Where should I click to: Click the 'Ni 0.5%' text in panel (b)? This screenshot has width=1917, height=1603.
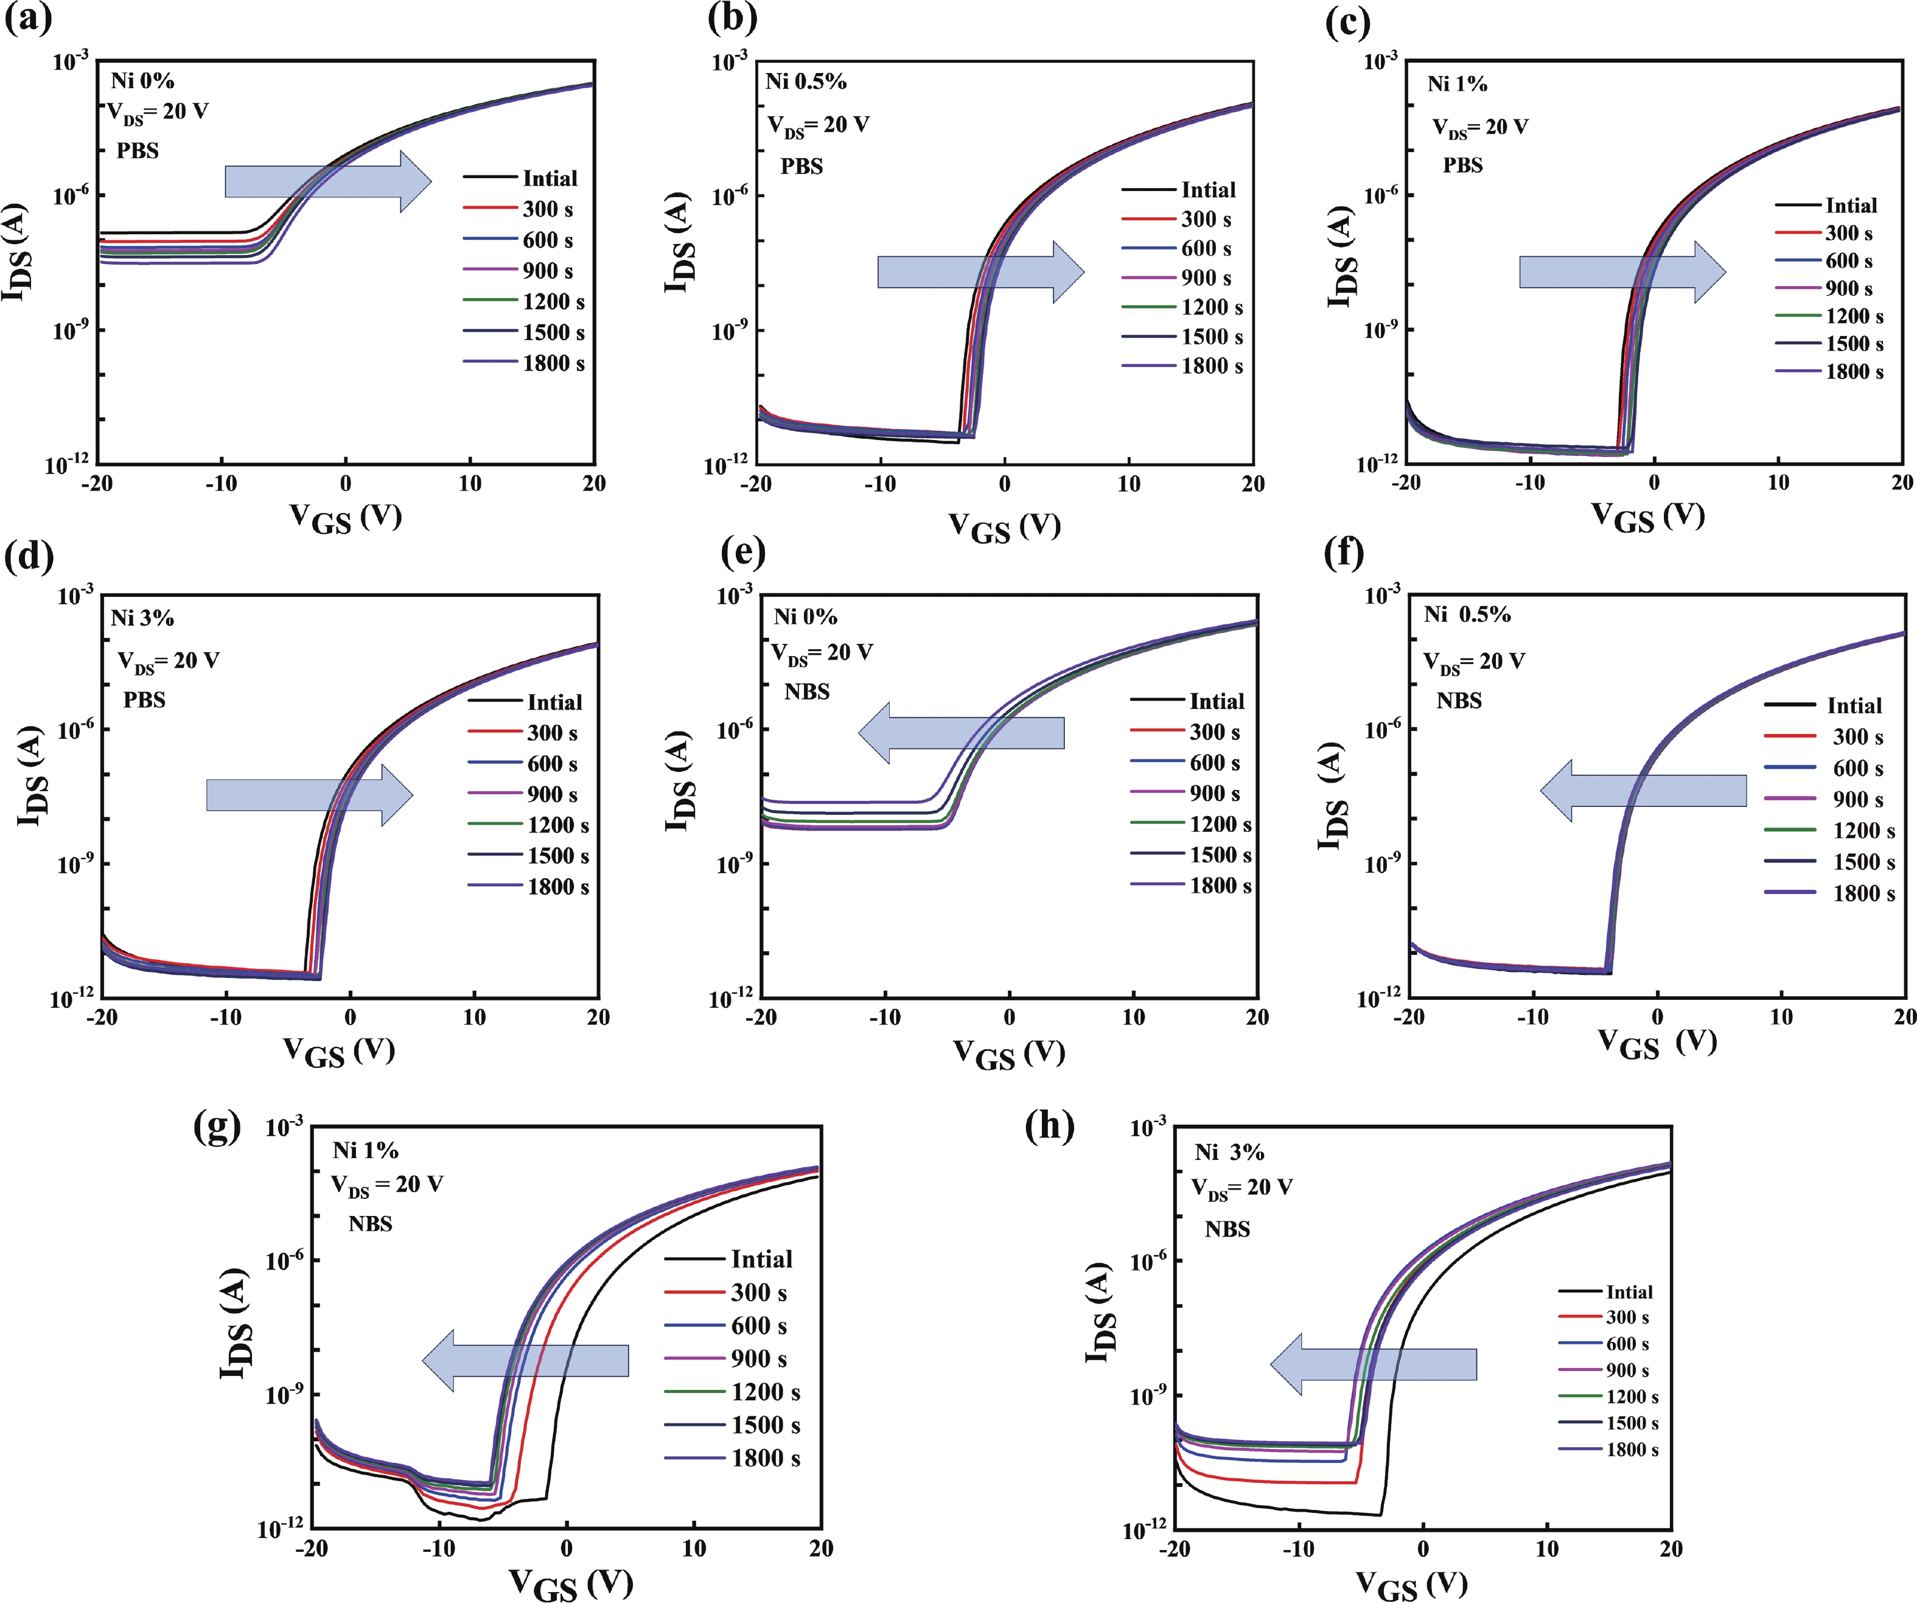pyautogui.click(x=805, y=82)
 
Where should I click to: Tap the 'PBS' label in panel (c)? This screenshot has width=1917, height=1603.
pyautogui.click(x=1462, y=166)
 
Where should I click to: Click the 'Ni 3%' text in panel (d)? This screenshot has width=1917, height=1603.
pyautogui.click(x=142, y=618)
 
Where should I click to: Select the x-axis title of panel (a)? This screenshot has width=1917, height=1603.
pyautogui.click(x=345, y=517)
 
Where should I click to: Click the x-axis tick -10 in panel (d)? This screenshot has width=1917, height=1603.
pyautogui.click(x=225, y=1017)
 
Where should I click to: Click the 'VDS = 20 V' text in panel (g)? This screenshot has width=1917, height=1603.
pyautogui.click(x=387, y=1185)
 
